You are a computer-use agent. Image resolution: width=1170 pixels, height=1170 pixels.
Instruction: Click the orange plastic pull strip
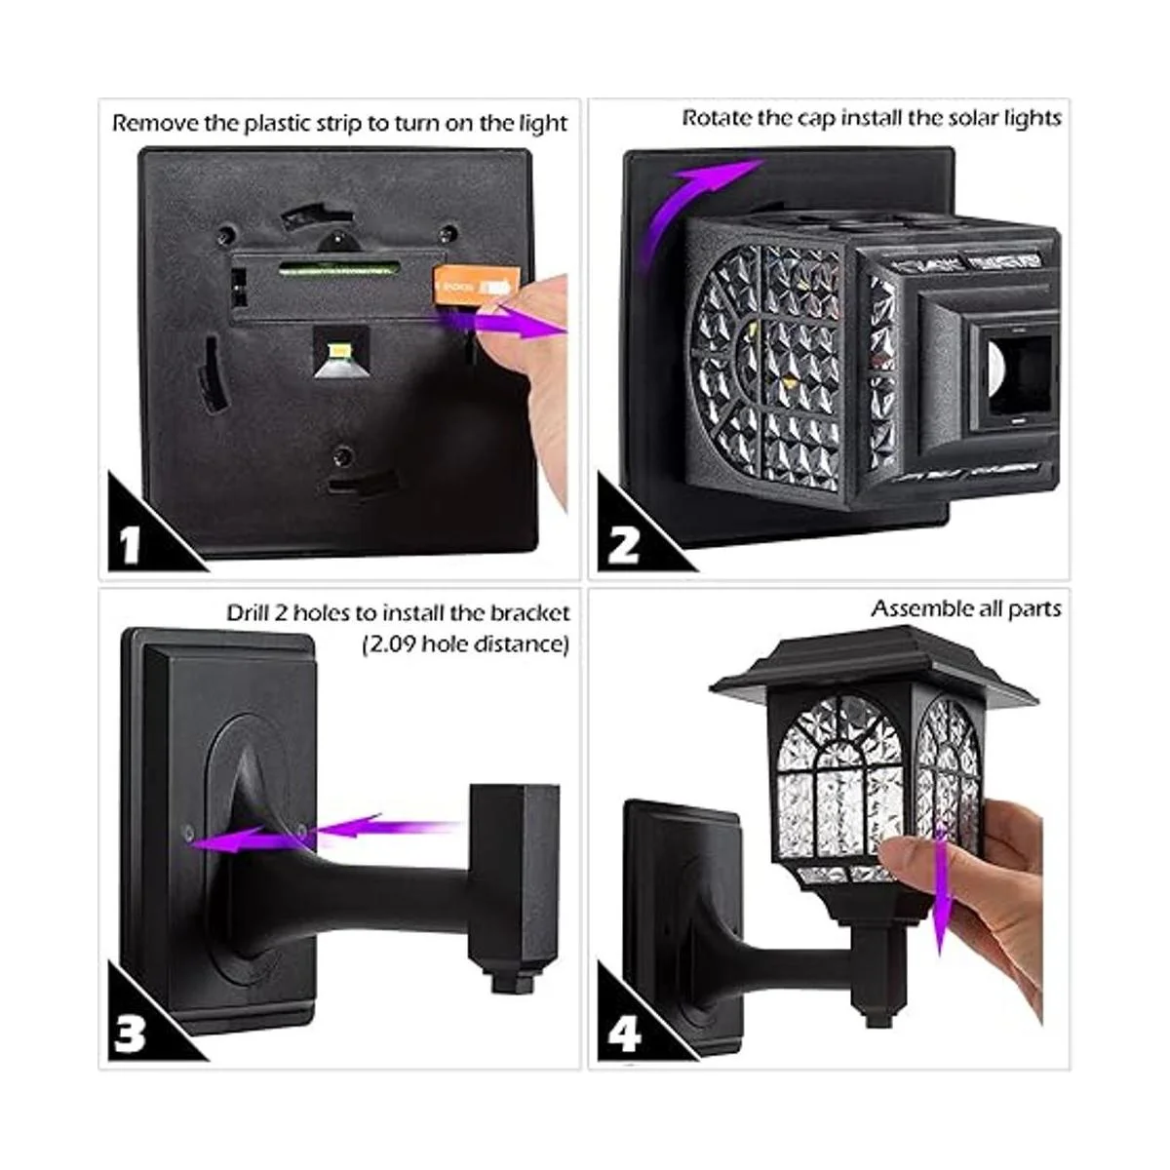pos(477,284)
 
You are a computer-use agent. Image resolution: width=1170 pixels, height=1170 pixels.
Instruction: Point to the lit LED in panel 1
pos(337,350)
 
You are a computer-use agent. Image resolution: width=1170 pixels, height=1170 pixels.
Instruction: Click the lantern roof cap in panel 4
pos(873,667)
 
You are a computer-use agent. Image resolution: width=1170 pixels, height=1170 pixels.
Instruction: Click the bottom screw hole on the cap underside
pos(343,454)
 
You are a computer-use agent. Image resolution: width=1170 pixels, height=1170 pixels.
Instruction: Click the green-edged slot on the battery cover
pos(338,268)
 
